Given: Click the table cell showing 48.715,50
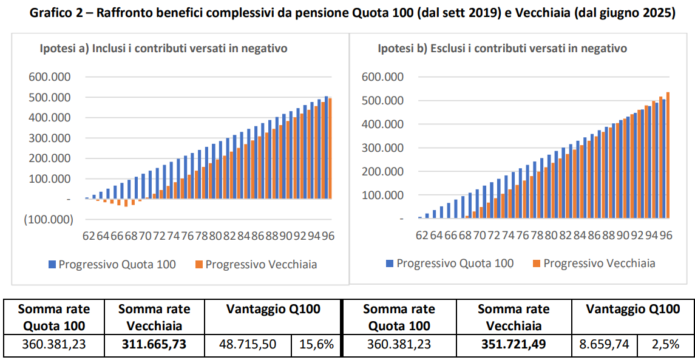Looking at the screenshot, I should (x=248, y=345).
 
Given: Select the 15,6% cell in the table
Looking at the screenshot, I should (x=316, y=345).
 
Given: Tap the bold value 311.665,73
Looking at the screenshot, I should (x=154, y=345).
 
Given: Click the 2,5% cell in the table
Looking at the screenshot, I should (x=665, y=345).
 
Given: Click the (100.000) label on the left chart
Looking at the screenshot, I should (x=48, y=219).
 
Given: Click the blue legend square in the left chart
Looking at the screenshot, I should (x=52, y=264).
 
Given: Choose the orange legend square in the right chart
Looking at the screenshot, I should (x=535, y=263).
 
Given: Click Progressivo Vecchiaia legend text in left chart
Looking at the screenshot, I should (x=261, y=264).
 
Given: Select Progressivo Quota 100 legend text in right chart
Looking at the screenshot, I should (x=455, y=263).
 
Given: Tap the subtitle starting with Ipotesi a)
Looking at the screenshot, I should (x=163, y=49).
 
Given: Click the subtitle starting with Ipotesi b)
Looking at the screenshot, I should (x=502, y=49).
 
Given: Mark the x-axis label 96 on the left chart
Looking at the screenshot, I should (x=327, y=236).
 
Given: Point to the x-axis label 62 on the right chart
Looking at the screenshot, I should (x=421, y=235).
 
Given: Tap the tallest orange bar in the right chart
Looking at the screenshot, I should (x=668, y=155).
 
